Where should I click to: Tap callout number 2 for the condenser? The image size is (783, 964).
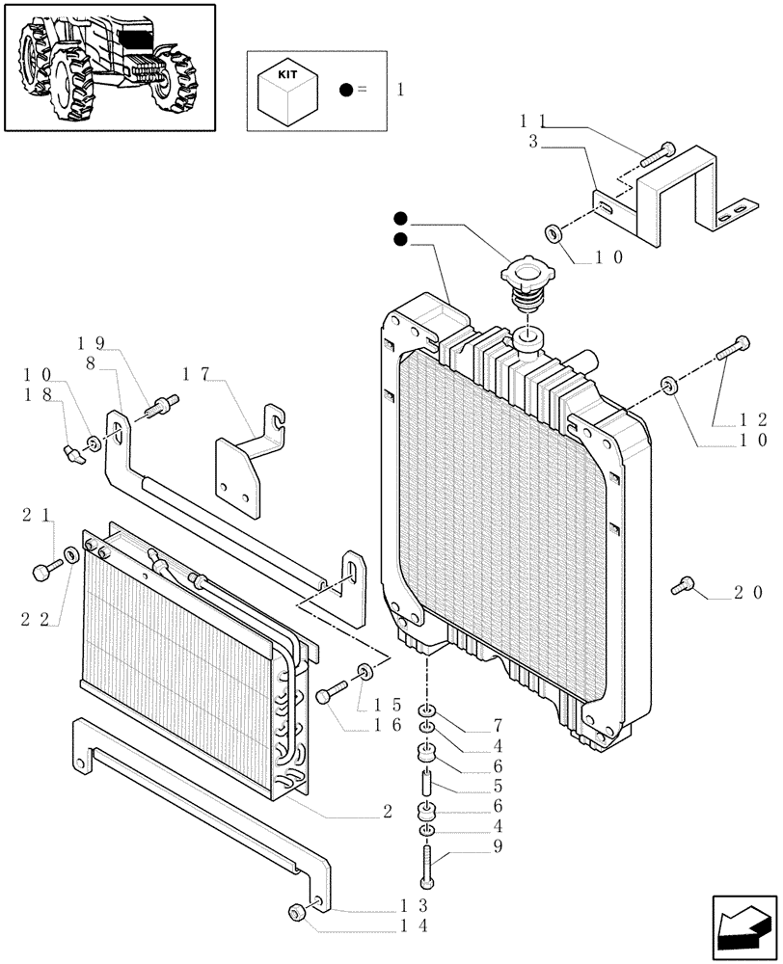point(387,812)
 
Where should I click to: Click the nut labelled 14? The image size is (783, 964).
point(299,913)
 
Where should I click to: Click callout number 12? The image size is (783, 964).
point(752,419)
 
